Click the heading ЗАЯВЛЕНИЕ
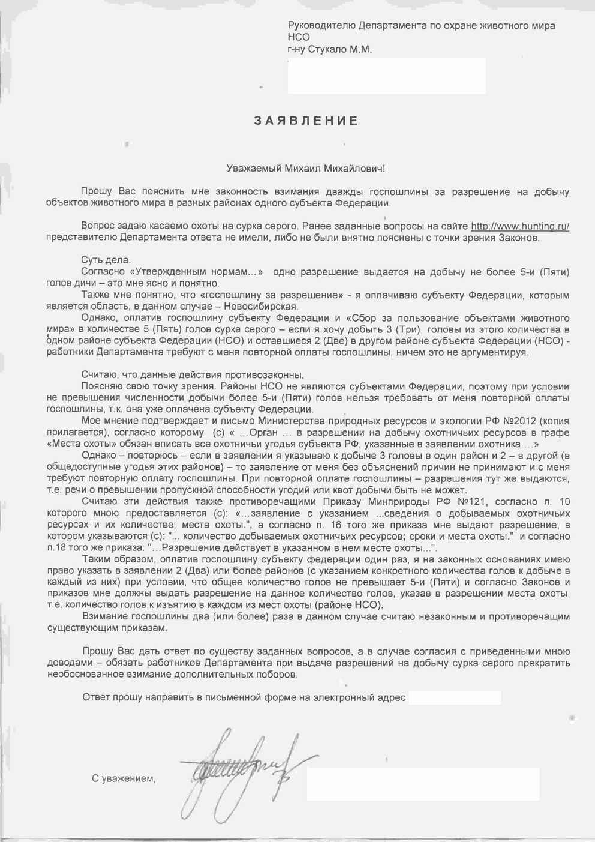click(x=306, y=121)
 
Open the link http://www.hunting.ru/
click(x=519, y=226)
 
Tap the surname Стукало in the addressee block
click(x=331, y=50)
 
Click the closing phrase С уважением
click(x=124, y=778)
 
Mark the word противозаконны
click(x=260, y=375)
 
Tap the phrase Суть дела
click(x=106, y=260)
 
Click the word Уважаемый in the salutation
click(x=247, y=169)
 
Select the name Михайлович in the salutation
click(x=354, y=169)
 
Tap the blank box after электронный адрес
click(x=454, y=697)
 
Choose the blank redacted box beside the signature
click(x=423, y=783)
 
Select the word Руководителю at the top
click(x=321, y=26)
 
